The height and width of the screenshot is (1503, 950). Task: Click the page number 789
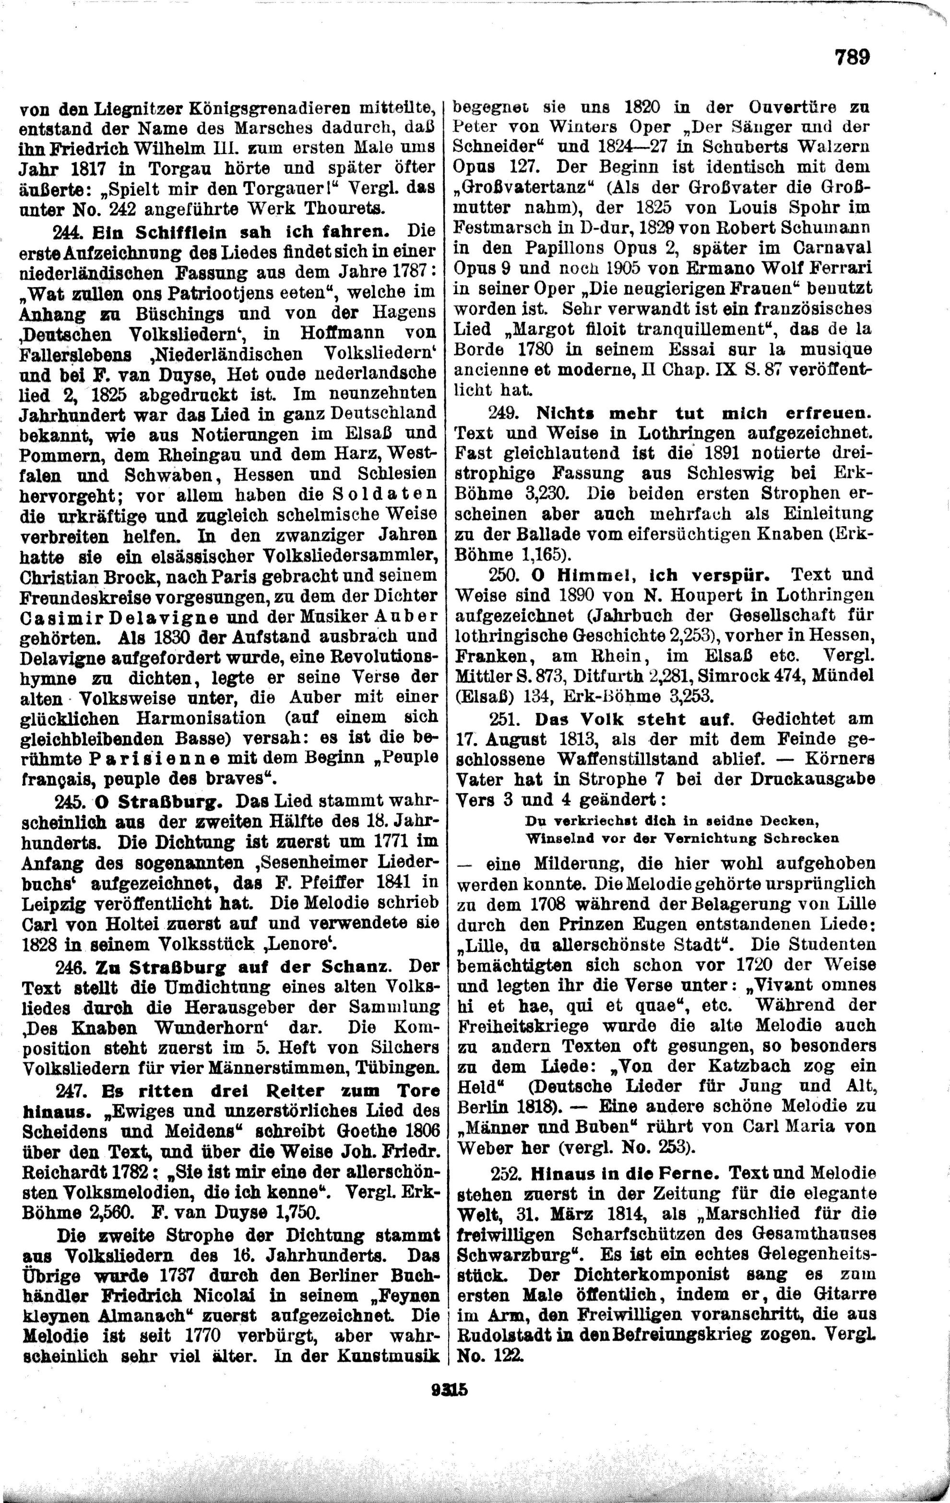pos(852,58)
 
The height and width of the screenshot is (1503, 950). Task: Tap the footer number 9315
pos(449,1391)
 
